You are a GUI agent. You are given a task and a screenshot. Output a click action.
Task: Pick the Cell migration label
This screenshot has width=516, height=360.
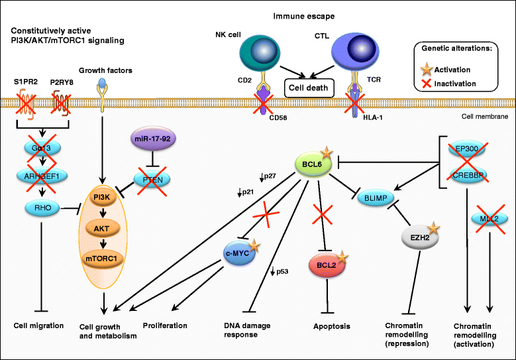point(38,326)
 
